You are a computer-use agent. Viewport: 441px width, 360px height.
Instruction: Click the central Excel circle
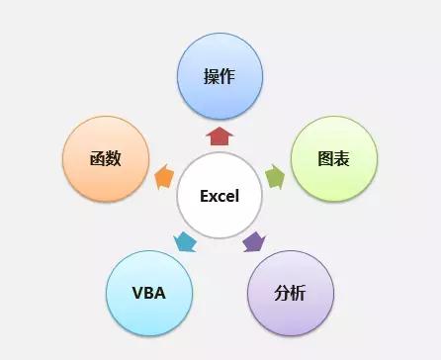(x=220, y=195)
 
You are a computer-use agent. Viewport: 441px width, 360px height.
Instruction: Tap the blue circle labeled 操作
(x=220, y=76)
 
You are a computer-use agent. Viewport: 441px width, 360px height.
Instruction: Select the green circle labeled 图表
(x=333, y=158)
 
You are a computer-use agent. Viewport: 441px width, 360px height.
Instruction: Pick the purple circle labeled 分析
(x=290, y=293)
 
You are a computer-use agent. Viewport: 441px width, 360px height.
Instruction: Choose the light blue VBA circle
(x=147, y=293)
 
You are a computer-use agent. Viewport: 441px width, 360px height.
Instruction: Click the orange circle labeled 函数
(x=105, y=158)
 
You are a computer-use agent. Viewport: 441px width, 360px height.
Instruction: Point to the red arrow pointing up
(x=220, y=135)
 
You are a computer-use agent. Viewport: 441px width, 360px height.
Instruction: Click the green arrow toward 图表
(x=276, y=177)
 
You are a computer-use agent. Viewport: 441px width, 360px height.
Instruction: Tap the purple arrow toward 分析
(x=254, y=241)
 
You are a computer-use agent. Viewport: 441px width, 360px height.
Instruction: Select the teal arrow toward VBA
(x=185, y=241)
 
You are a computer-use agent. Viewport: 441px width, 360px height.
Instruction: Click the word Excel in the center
(x=220, y=196)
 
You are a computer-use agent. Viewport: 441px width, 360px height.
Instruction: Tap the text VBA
(x=147, y=293)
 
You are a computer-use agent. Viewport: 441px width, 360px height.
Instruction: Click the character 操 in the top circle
(x=211, y=76)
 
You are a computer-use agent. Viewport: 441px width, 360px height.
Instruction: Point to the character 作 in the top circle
(x=228, y=76)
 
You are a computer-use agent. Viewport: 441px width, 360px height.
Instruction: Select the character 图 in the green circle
(x=324, y=158)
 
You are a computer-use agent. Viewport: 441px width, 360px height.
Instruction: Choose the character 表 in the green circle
(x=342, y=158)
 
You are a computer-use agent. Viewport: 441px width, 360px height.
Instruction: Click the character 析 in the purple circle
(x=299, y=293)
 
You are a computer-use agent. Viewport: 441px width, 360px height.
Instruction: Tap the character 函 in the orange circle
(x=96, y=158)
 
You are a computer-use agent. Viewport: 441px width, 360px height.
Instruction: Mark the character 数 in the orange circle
(x=114, y=158)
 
